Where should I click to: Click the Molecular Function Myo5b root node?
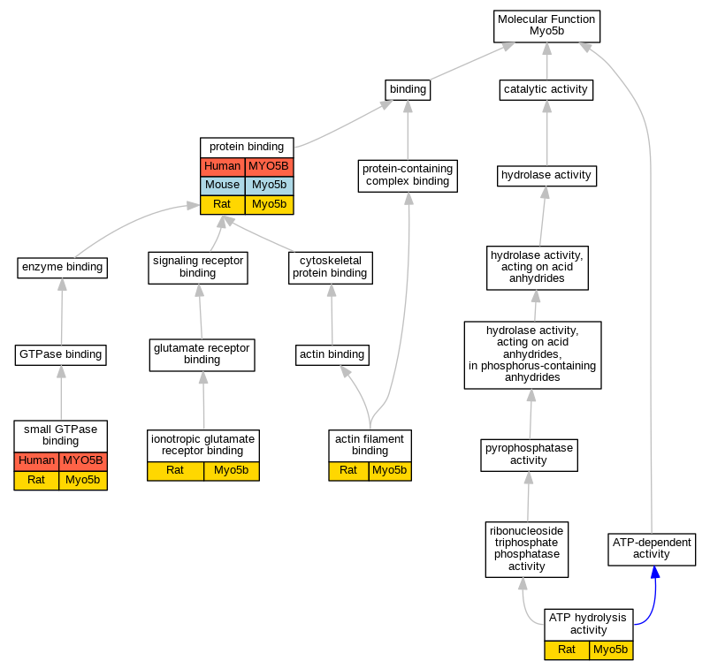(x=546, y=26)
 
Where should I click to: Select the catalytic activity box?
(x=546, y=89)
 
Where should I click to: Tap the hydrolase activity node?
(x=546, y=175)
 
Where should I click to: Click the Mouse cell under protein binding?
(x=223, y=186)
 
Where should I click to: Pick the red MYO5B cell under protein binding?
(x=269, y=166)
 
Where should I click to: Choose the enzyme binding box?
(x=62, y=267)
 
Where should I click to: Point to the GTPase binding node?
(x=61, y=355)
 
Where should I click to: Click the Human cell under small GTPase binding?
(x=36, y=460)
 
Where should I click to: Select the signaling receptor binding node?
(x=197, y=267)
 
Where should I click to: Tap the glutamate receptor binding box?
(x=202, y=354)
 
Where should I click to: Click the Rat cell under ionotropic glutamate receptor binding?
(x=175, y=470)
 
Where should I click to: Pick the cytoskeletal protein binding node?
(x=331, y=267)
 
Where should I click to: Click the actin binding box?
(x=332, y=355)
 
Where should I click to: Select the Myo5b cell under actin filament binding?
(x=390, y=470)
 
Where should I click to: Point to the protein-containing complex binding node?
(x=408, y=175)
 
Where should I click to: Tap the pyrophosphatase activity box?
(x=529, y=454)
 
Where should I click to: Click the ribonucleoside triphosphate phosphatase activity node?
(x=527, y=549)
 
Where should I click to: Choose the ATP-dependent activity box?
(x=652, y=549)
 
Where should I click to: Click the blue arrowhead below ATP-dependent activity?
(x=654, y=573)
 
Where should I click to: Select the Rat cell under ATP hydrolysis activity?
(x=567, y=650)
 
